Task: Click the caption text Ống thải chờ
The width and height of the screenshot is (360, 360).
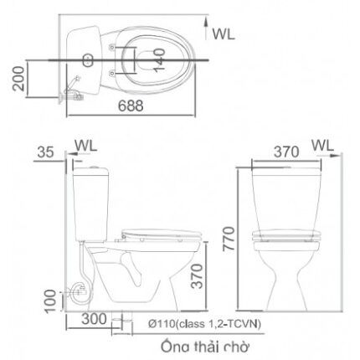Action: pos(206,344)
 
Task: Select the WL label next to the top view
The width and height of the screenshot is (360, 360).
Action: pos(222,33)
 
